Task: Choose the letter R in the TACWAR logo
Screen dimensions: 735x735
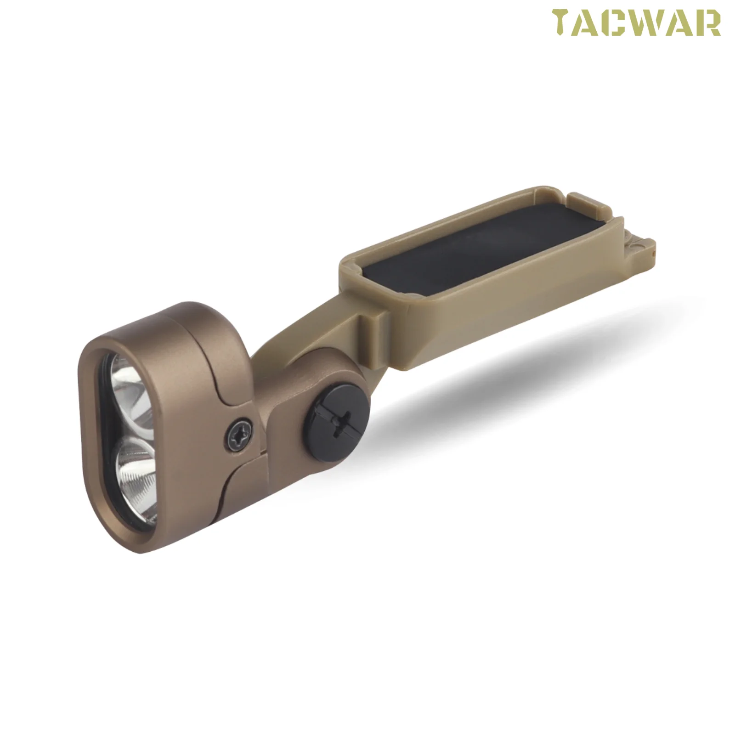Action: pyautogui.click(x=707, y=23)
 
